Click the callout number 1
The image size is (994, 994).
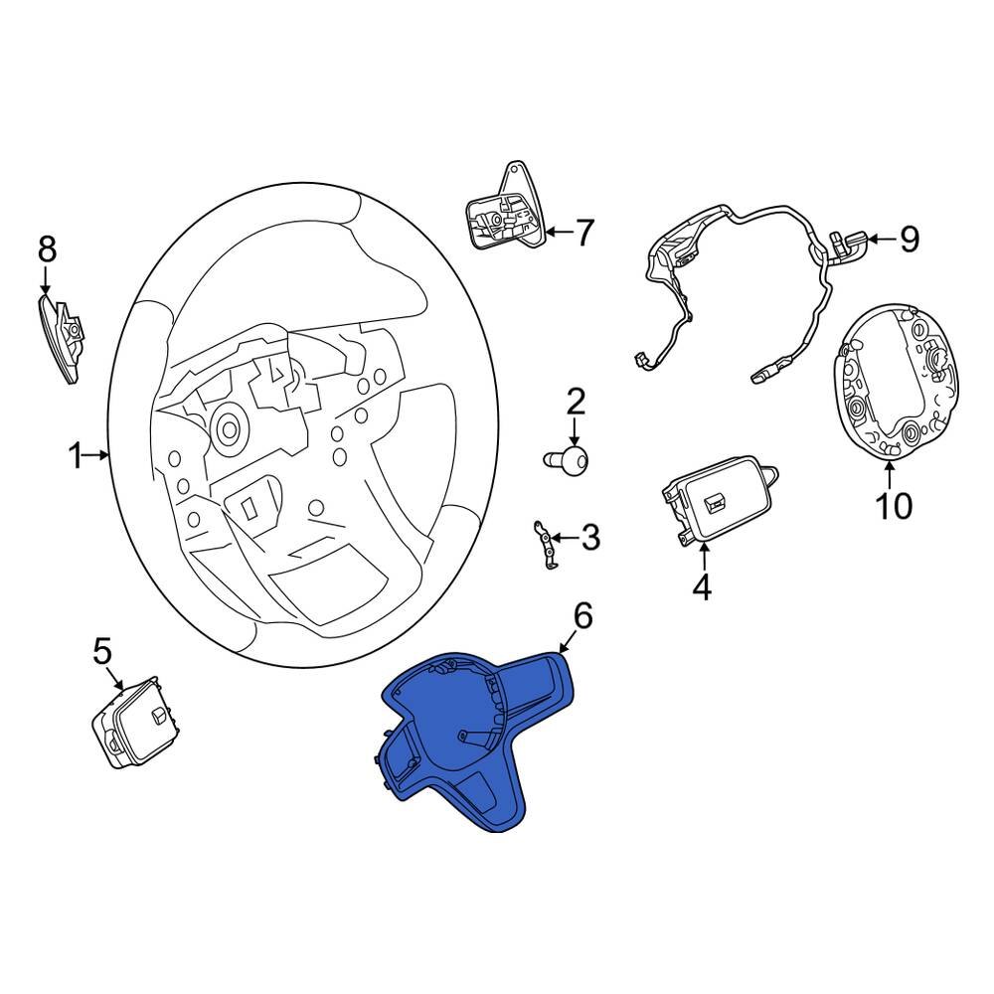[x=75, y=456]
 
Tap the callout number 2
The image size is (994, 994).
[x=577, y=403]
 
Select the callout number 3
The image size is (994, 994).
[x=590, y=538]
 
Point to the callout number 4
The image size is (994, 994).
[x=702, y=587]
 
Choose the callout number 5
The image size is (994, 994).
[x=103, y=652]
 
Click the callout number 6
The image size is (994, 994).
[x=581, y=616]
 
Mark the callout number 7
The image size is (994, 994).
[x=583, y=234]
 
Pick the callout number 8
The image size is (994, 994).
[x=47, y=249]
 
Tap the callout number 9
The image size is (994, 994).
[x=909, y=239]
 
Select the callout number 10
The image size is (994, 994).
[x=893, y=506]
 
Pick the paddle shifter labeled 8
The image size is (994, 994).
[x=63, y=336]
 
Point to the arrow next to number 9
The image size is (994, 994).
[x=880, y=239]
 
